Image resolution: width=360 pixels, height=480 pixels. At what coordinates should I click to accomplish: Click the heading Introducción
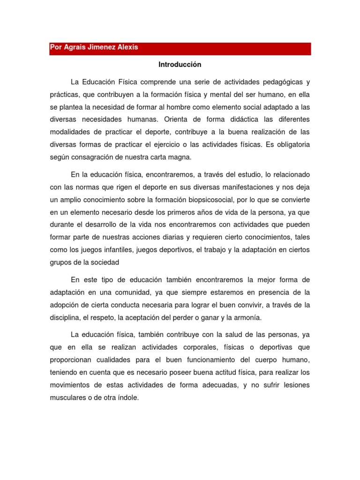tap(180, 64)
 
